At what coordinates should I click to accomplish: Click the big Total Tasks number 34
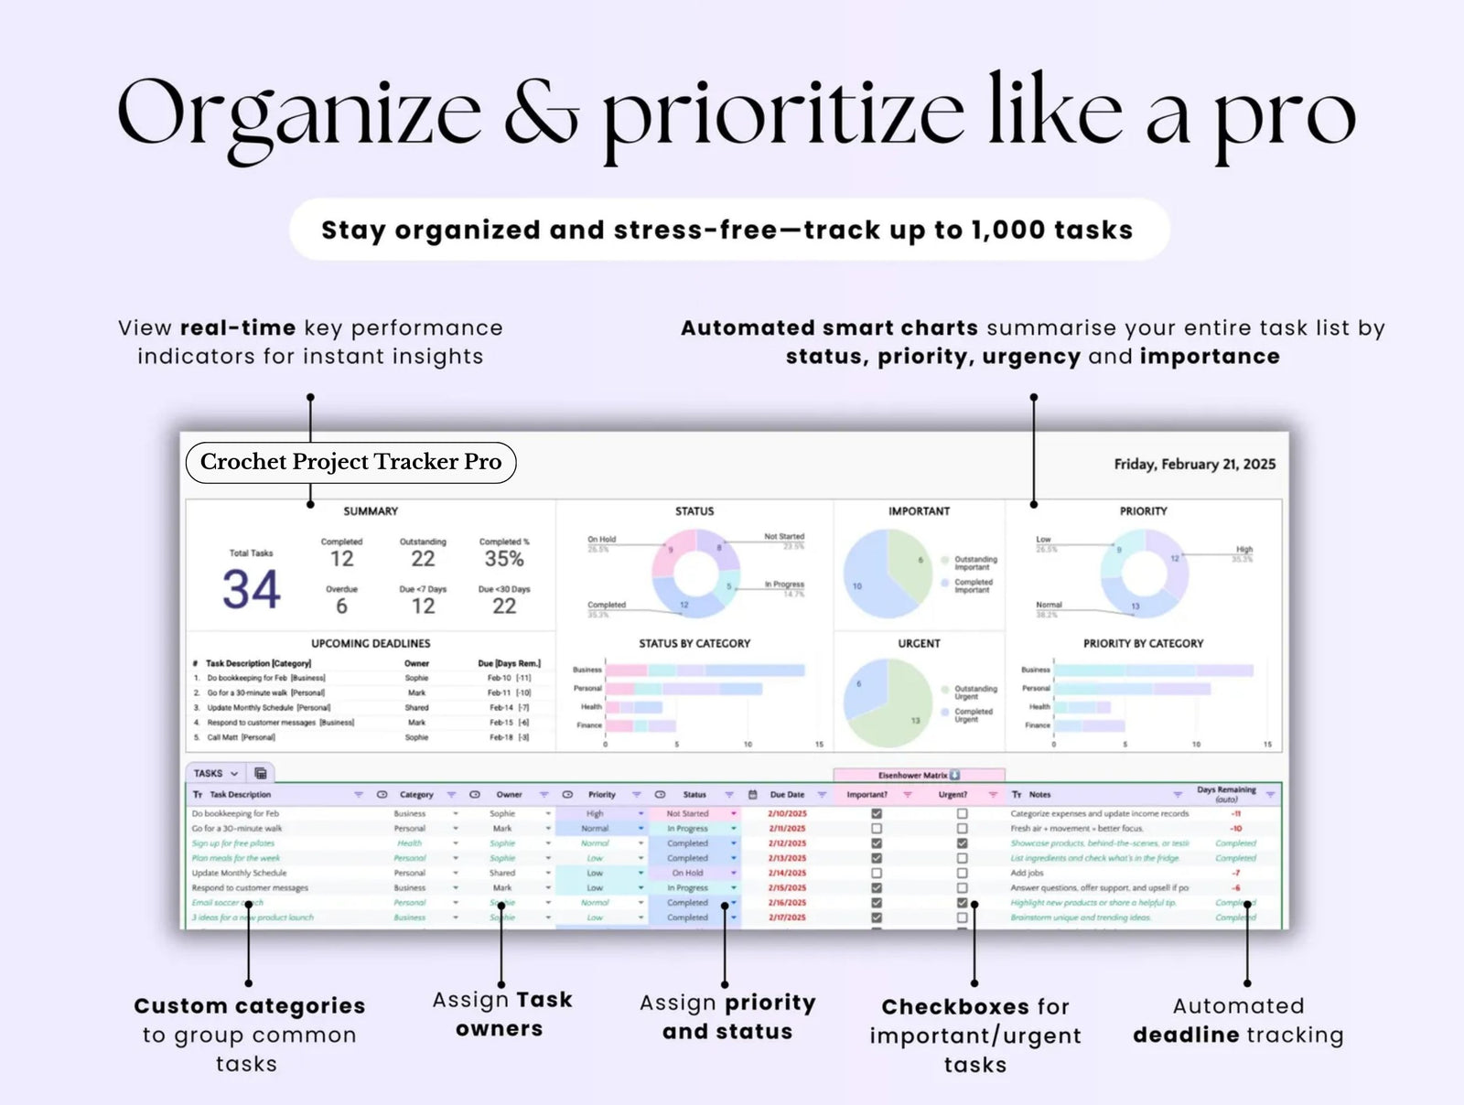pos(251,589)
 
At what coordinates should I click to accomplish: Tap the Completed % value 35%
pos(504,559)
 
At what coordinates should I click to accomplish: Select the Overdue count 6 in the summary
pos(341,606)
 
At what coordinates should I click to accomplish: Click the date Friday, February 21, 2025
pos(1194,464)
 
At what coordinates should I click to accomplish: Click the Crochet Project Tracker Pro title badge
pos(350,462)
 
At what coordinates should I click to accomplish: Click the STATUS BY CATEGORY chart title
pos(694,643)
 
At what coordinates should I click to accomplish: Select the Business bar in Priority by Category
pos(1153,671)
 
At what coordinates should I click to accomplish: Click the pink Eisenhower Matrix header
pos(919,775)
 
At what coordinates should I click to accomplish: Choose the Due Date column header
pos(787,795)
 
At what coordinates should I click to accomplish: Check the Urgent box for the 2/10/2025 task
pos(962,813)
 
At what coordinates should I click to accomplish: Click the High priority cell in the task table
pos(595,813)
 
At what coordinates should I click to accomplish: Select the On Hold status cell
pos(687,873)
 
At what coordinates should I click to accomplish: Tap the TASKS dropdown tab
pos(216,773)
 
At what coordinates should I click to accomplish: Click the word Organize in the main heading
pos(298,114)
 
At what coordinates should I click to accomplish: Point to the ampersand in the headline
pos(542,114)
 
